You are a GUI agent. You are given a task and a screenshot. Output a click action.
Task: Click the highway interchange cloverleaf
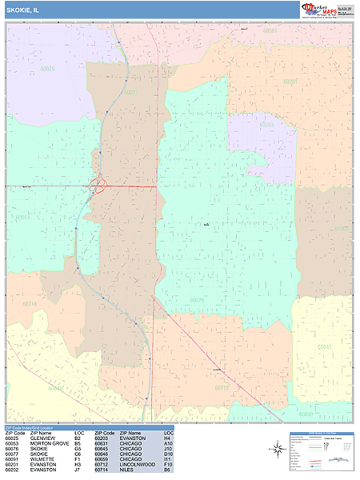[x=99, y=186]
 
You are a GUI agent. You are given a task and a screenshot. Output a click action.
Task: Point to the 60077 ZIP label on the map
[x=130, y=93]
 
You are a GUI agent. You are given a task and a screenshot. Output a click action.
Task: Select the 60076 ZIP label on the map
[x=197, y=300]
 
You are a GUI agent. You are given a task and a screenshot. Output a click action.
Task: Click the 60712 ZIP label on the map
[x=222, y=388]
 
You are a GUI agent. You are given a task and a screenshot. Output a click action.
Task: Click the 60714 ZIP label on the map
[x=30, y=304]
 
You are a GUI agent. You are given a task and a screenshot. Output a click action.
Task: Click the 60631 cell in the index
[x=101, y=444]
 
